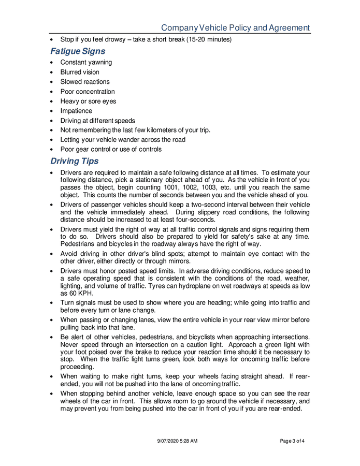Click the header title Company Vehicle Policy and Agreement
point(235,28)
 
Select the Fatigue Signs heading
point(78,51)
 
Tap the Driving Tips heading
point(75,162)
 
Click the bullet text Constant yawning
point(86,63)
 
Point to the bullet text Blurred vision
point(80,72)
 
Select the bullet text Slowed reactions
point(85,82)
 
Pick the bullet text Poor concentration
point(88,92)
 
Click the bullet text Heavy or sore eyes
point(88,101)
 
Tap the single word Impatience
point(76,111)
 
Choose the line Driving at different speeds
point(97,121)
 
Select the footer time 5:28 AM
point(190,441)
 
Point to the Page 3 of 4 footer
point(292,441)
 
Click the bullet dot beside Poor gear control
point(52,150)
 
